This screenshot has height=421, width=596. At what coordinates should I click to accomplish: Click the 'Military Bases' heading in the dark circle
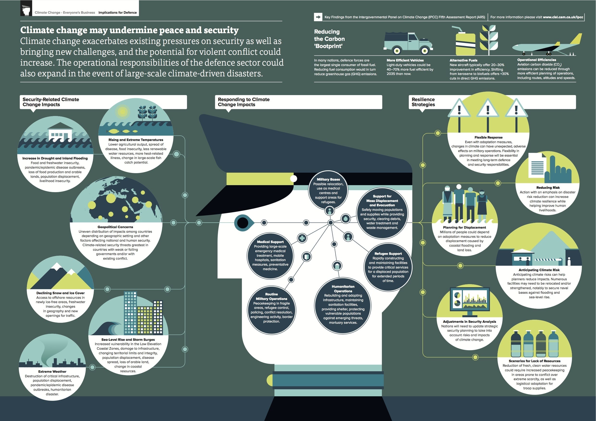point(328,179)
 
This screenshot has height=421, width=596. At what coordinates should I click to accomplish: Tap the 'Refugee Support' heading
point(388,253)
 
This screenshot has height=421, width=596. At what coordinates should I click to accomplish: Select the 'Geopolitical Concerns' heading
point(115,227)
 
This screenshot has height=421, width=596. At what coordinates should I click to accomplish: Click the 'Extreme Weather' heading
point(52,371)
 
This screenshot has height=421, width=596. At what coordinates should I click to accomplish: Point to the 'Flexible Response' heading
point(488,137)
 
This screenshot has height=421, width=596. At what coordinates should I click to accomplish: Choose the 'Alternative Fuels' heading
point(463,60)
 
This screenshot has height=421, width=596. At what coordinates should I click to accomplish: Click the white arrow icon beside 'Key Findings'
point(318,17)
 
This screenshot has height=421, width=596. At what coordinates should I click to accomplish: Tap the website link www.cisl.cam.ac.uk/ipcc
point(563,17)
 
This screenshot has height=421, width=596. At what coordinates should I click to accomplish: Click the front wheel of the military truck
point(425,51)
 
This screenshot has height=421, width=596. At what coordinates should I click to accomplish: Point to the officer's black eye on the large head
point(242,223)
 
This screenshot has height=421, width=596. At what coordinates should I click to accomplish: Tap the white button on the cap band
point(293,178)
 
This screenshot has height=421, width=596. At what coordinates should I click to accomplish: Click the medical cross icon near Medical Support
point(302,238)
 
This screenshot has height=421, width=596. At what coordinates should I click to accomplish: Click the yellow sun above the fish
point(123,111)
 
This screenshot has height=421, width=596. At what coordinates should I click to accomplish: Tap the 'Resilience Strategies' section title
point(423,102)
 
